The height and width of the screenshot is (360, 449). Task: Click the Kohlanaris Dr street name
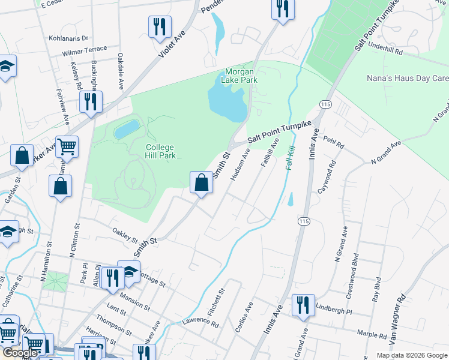[x=68, y=37]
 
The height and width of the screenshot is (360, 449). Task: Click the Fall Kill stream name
[x=291, y=157]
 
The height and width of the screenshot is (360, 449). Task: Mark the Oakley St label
[x=125, y=234]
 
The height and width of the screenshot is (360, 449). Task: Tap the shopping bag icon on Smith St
[x=201, y=182]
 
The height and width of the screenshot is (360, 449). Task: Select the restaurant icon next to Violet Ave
[x=159, y=27]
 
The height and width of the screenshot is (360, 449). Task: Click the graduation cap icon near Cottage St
[x=128, y=272]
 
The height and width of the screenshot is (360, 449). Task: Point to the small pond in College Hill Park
[x=126, y=128]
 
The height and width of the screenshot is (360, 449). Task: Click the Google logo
[x=20, y=353]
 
